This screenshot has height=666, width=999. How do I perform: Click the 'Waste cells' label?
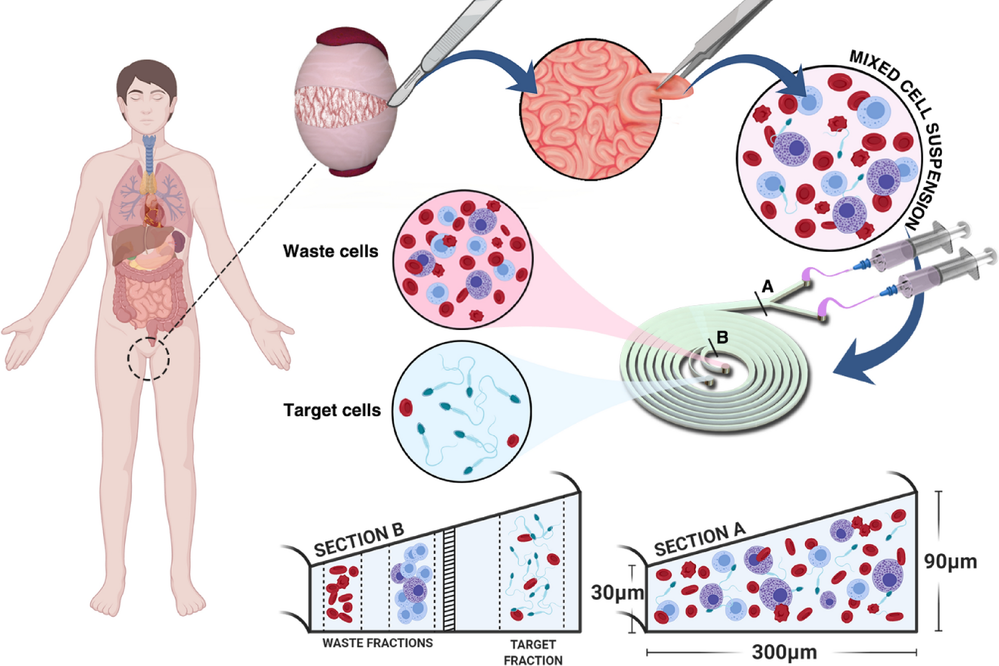[331, 251]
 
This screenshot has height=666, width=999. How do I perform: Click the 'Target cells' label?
[332, 410]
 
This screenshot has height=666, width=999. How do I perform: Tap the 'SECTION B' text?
[358, 540]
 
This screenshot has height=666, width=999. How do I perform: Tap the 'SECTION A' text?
[699, 540]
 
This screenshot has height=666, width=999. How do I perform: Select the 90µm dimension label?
[950, 561]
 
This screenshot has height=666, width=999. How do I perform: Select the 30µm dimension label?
[616, 593]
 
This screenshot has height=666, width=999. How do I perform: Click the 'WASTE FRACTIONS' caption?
[377, 643]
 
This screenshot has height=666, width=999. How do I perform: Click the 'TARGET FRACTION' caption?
[533, 652]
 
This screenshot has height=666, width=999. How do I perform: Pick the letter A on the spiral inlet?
[768, 287]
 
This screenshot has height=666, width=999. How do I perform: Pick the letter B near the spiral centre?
[722, 337]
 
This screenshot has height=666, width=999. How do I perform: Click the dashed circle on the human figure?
[148, 358]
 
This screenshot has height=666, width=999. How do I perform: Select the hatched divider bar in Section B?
[449, 580]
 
